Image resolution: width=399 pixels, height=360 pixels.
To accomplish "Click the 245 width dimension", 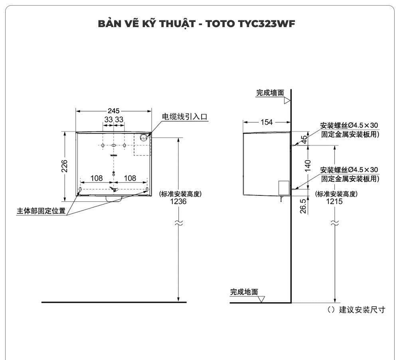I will [x=114, y=111].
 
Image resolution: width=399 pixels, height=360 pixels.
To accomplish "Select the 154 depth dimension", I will [x=267, y=122].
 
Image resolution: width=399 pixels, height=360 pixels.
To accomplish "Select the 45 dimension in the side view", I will [x=304, y=140].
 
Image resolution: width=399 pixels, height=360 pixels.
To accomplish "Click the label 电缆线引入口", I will [x=185, y=117].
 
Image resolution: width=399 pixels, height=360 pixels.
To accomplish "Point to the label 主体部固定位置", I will [x=41, y=211].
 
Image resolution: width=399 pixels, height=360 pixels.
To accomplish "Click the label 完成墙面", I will [x=270, y=93].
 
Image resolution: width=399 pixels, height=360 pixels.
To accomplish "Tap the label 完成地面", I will [x=244, y=292].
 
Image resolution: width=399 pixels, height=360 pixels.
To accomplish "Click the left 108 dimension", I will [x=97, y=178].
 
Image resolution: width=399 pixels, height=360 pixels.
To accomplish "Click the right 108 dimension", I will [x=130, y=178].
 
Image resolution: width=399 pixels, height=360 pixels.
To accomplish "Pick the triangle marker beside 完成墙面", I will [x=286, y=101].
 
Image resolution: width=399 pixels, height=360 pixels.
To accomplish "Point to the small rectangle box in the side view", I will [x=283, y=187].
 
